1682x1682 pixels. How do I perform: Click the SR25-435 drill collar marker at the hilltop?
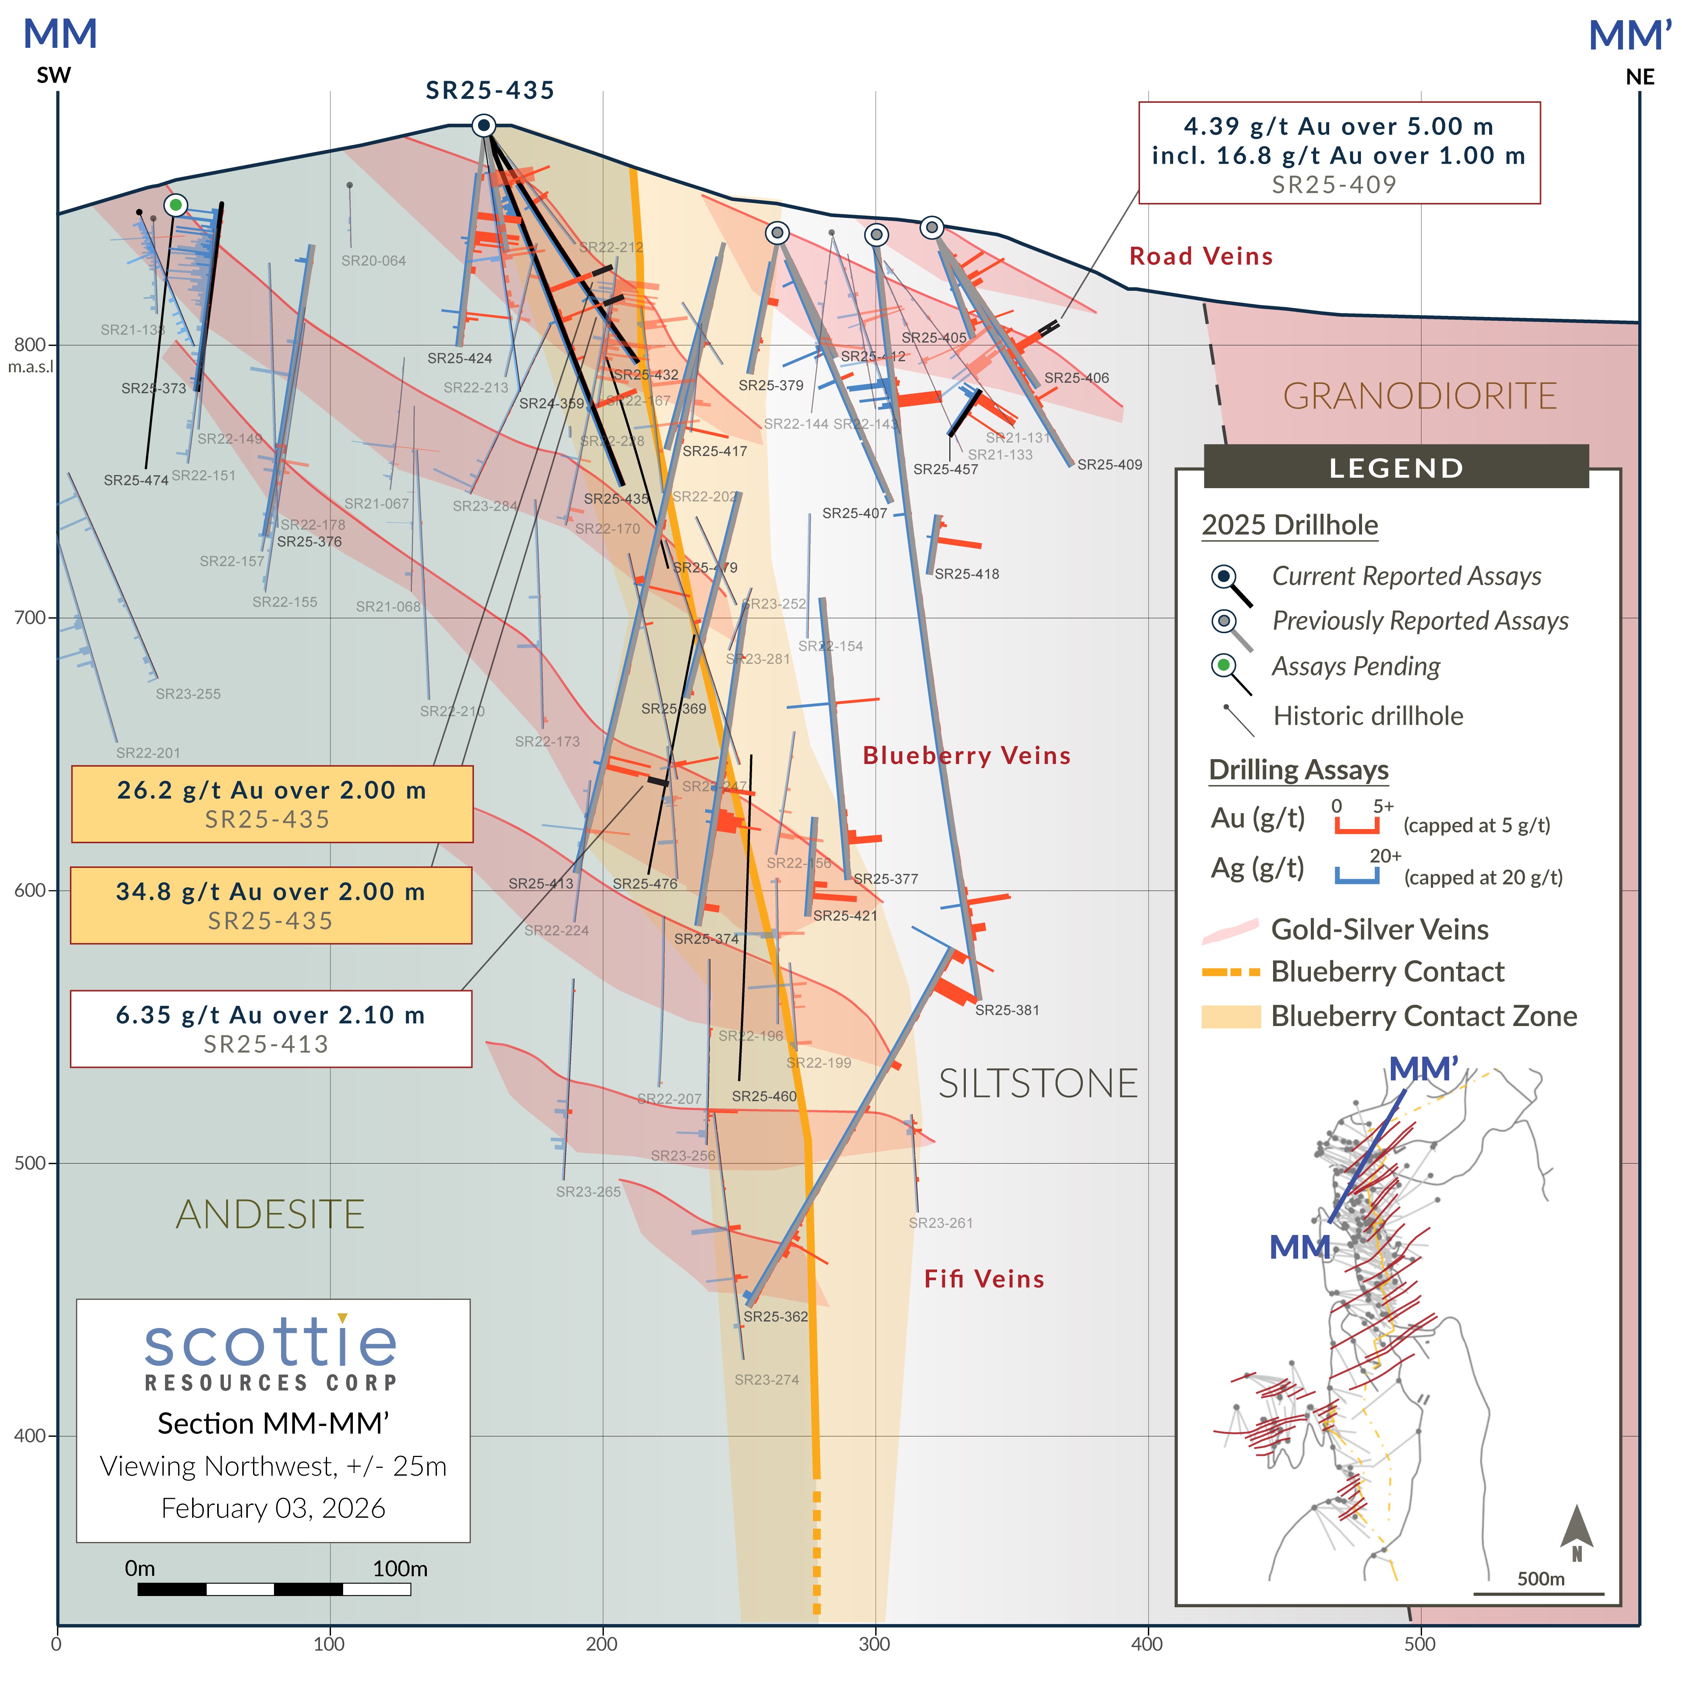click(x=484, y=125)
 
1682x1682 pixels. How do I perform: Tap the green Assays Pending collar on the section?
click(x=176, y=206)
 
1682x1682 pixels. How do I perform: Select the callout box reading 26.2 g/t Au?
click(x=272, y=804)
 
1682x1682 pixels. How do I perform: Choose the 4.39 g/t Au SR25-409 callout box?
click(x=1339, y=153)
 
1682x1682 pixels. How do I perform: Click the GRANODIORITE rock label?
click(x=1419, y=396)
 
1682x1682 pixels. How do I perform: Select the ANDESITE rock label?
click(x=270, y=1214)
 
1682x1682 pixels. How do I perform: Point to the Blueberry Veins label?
click(x=966, y=756)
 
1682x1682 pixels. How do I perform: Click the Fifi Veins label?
click(x=984, y=1279)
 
